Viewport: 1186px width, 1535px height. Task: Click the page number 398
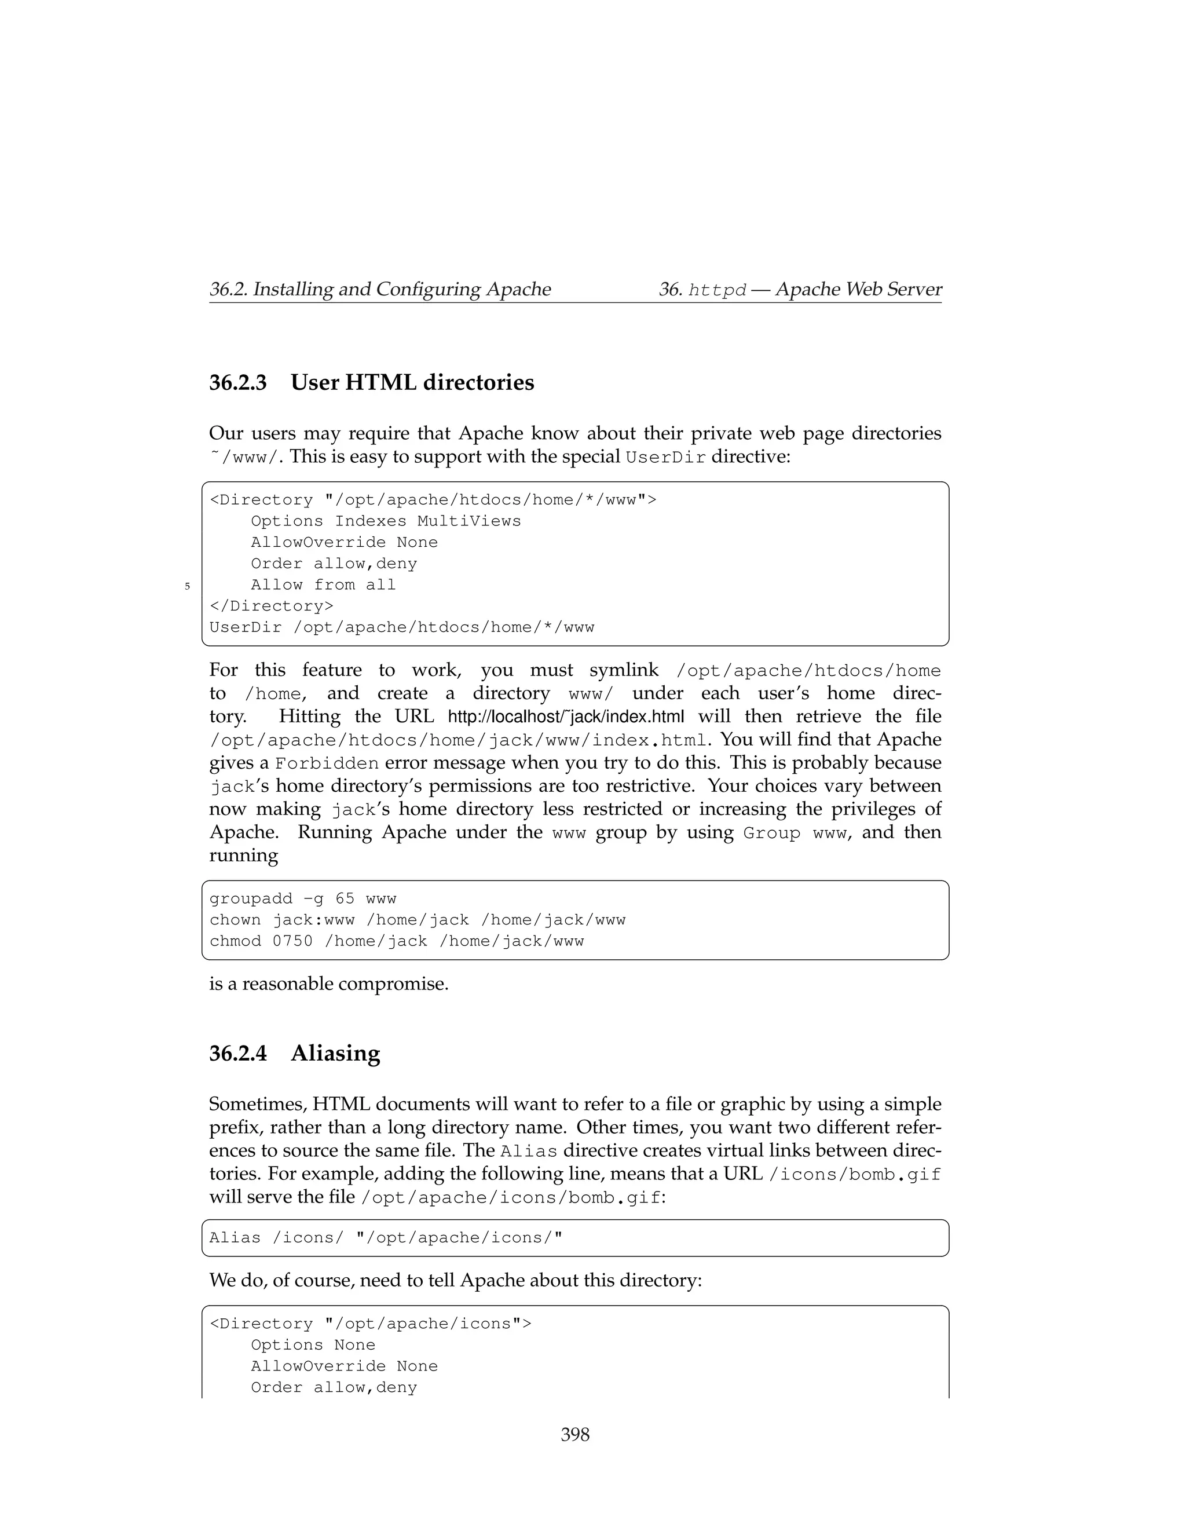pyautogui.click(x=574, y=1434)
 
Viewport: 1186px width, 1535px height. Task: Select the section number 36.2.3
pyautogui.click(x=237, y=382)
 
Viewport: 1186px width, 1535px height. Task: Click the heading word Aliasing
pyautogui.click(x=335, y=1053)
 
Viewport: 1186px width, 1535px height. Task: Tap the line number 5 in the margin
pyautogui.click(x=187, y=586)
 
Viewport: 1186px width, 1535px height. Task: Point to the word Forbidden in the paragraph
pyautogui.click(x=327, y=763)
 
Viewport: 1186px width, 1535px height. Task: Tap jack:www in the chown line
pyautogui.click(x=313, y=920)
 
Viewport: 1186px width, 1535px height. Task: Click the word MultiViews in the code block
pyautogui.click(x=468, y=521)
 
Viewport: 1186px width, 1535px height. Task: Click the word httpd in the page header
pyautogui.click(x=717, y=290)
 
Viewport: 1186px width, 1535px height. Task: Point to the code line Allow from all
pyautogui.click(x=323, y=585)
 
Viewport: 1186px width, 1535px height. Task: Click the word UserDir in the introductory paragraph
pyautogui.click(x=665, y=458)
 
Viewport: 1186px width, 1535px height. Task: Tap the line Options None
pyautogui.click(x=313, y=1344)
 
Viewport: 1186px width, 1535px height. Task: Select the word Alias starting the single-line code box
pyautogui.click(x=235, y=1238)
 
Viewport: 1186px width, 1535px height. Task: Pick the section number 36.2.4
pyautogui.click(x=237, y=1053)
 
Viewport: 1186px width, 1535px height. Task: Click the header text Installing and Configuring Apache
pyautogui.click(x=401, y=289)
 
